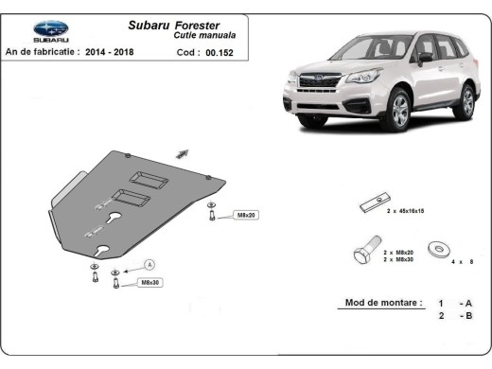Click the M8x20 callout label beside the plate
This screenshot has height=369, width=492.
245,215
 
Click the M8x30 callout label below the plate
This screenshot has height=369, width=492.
149,282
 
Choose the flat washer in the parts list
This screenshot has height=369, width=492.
438,251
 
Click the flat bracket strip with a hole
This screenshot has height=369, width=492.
373,206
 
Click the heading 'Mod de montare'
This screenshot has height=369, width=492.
376,304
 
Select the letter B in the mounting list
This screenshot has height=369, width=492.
467,316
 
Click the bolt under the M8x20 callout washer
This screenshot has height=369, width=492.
213,217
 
